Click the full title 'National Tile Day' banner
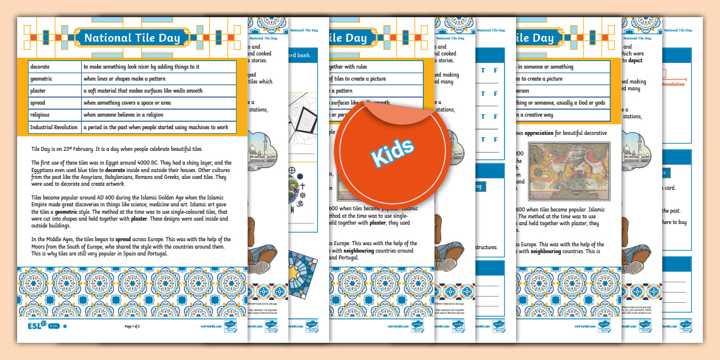[132, 38]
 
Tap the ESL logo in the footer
[36, 326]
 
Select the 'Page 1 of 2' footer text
[132, 326]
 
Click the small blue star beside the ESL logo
[65, 326]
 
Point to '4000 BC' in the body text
[132, 162]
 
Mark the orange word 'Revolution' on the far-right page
[673, 84]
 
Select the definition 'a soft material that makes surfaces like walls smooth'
[143, 91]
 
